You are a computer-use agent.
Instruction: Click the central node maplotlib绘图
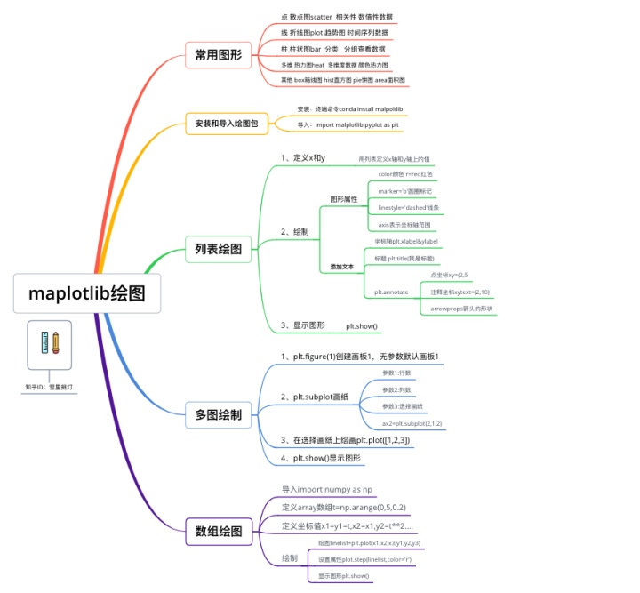point(87,293)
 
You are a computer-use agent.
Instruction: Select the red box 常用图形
point(218,55)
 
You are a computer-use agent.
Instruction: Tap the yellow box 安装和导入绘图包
point(226,124)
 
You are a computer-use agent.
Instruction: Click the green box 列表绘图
point(218,249)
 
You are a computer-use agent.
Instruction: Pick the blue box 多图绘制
point(218,413)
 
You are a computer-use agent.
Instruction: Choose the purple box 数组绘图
point(218,531)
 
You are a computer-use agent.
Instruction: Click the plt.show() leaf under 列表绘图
point(362,326)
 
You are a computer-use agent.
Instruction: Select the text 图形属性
point(343,199)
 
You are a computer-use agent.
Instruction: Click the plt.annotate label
point(391,292)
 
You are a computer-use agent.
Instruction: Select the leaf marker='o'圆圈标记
point(404,191)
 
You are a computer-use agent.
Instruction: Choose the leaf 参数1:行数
point(396,373)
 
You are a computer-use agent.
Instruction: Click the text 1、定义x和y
point(303,158)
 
